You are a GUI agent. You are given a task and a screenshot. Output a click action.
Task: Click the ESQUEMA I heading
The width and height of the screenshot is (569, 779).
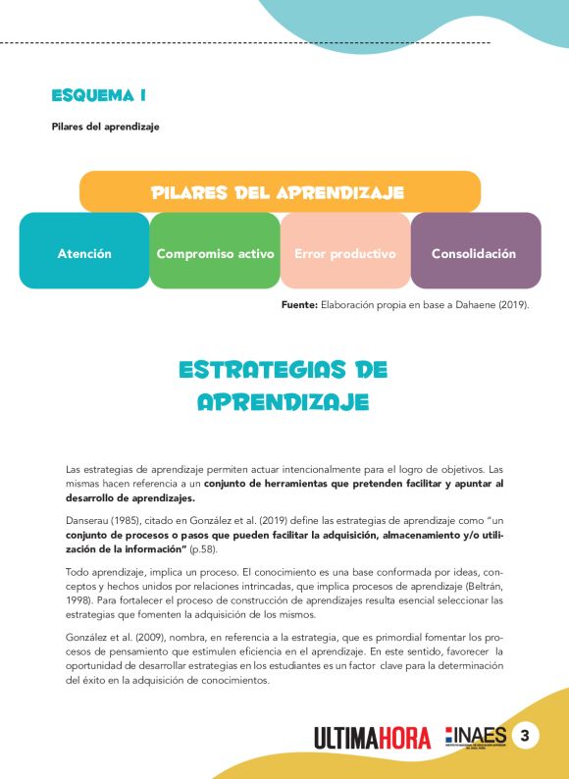pyautogui.click(x=99, y=95)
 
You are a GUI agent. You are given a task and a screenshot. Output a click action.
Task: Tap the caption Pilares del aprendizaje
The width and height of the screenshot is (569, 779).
pyautogui.click(x=105, y=127)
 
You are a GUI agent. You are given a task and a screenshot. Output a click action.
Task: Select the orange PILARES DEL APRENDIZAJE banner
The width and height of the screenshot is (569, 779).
pyautogui.click(x=279, y=192)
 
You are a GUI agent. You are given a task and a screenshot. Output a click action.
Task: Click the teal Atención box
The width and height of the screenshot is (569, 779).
pyautogui.click(x=84, y=253)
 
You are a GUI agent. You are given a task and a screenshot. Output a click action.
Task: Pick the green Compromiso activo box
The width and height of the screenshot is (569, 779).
pyautogui.click(x=215, y=253)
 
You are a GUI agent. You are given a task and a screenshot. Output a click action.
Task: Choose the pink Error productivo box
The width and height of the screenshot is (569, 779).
pyautogui.click(x=345, y=253)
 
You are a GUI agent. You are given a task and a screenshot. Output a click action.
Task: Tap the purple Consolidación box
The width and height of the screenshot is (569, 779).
pyautogui.click(x=475, y=253)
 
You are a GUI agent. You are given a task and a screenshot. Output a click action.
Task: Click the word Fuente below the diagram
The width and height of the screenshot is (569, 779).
pyautogui.click(x=298, y=306)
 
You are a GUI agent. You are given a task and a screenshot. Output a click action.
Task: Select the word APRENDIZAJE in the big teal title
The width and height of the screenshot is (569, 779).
pyautogui.click(x=284, y=402)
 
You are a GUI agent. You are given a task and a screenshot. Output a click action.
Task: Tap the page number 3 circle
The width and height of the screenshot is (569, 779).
pyautogui.click(x=526, y=736)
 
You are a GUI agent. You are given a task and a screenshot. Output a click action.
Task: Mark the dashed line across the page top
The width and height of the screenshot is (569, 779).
pyautogui.click(x=245, y=43)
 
